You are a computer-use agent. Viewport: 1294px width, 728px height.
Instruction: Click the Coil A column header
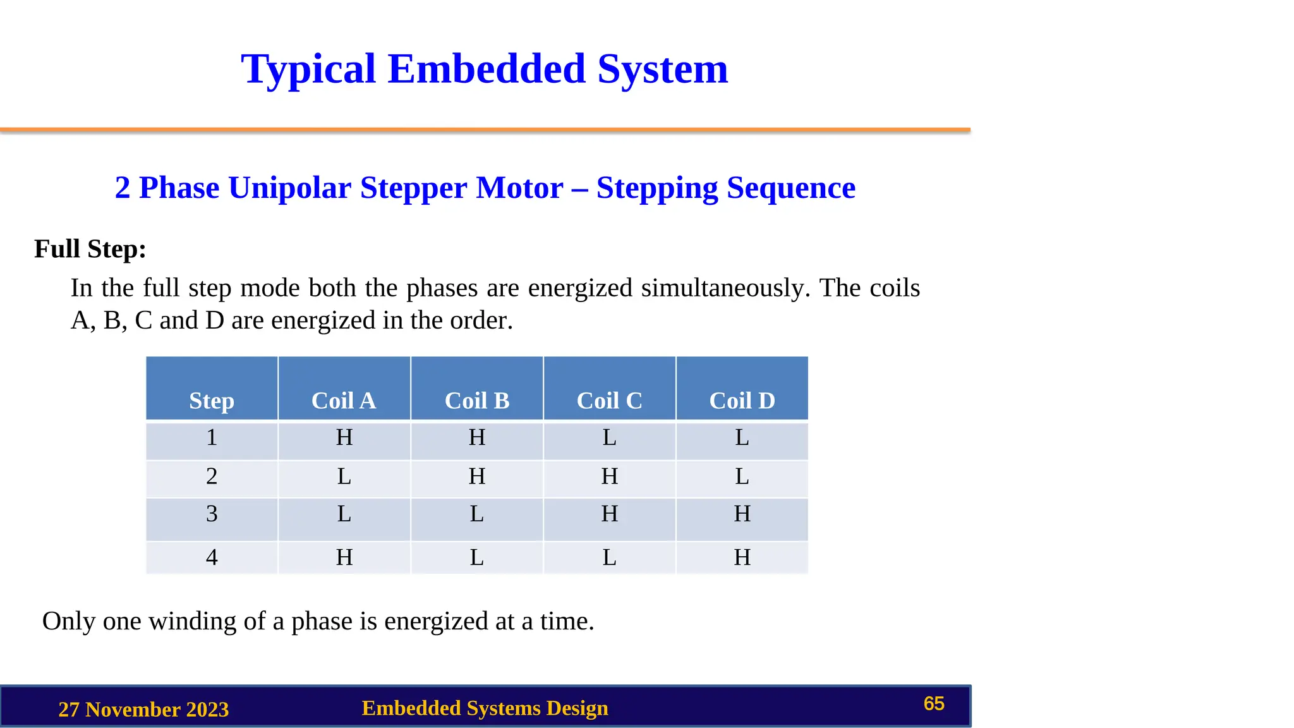tap(344, 401)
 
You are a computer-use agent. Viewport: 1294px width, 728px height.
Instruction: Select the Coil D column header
tap(742, 401)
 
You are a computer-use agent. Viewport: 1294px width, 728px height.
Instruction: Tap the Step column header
tap(212, 401)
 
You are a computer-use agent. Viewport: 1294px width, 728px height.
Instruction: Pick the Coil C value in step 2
tap(609, 476)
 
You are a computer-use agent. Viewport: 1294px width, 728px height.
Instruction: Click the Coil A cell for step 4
tap(344, 557)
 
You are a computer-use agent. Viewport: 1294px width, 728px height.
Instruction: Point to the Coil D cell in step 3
tap(742, 514)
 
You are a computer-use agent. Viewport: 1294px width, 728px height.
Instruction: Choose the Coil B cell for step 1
tap(476, 437)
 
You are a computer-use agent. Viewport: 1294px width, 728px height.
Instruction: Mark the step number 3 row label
tap(212, 514)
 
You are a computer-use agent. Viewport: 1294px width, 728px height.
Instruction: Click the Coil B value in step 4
tap(476, 557)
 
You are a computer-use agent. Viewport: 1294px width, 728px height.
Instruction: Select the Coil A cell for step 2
tap(344, 476)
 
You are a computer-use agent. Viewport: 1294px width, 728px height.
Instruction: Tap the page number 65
tap(933, 704)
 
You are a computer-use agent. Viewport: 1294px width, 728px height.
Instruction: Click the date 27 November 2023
tap(143, 710)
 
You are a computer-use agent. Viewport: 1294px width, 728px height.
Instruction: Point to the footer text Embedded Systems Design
tap(485, 708)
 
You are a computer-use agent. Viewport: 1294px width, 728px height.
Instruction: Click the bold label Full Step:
tap(90, 249)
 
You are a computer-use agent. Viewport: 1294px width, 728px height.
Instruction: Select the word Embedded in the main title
tap(487, 69)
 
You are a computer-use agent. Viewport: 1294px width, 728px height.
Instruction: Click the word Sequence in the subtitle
tap(791, 188)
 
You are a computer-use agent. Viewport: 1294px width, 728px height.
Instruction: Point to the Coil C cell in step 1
tap(609, 437)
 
